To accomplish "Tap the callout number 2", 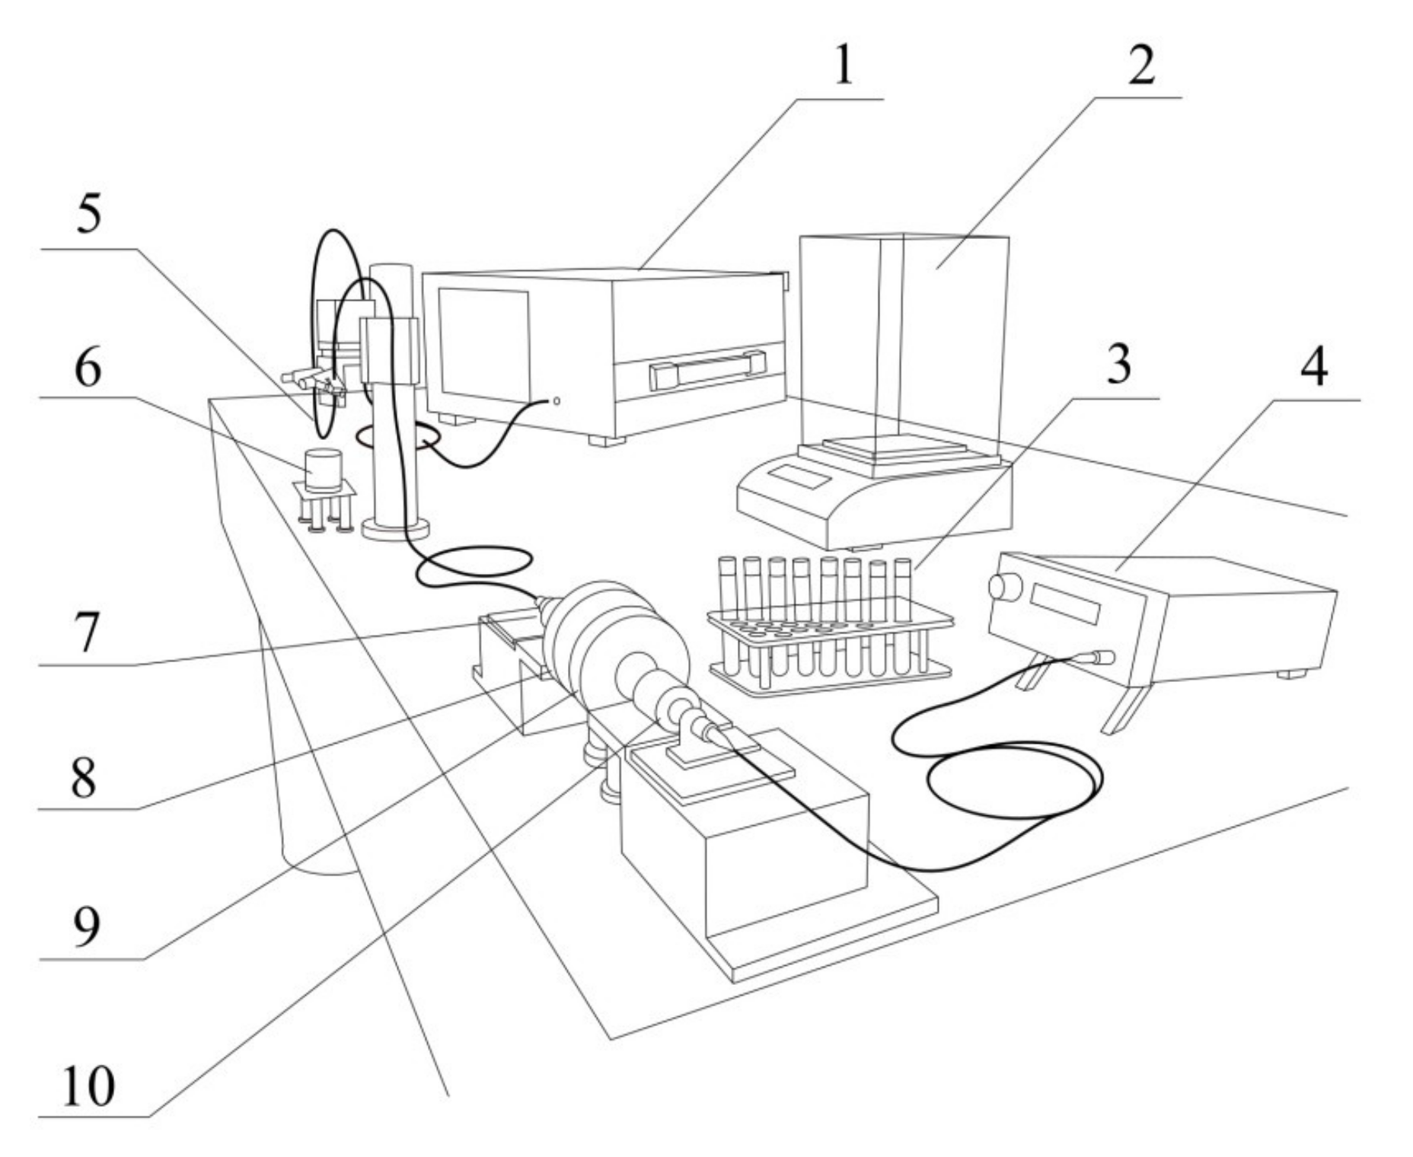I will click(1139, 64).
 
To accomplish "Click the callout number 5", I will click(88, 216).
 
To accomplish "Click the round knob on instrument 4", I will click(1006, 587).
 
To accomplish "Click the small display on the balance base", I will click(798, 479).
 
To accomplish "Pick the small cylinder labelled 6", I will click(323, 469).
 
